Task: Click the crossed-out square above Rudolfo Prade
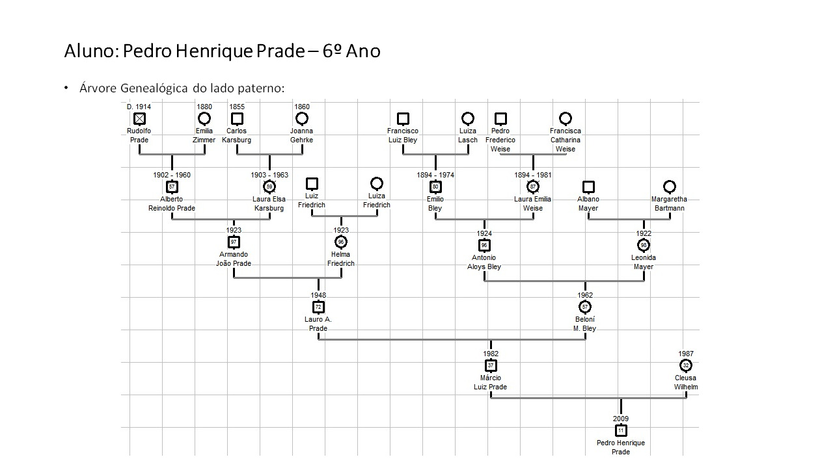[139, 118]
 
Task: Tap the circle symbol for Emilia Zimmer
[204, 118]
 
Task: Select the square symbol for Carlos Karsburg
[237, 118]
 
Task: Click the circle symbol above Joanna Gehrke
[302, 118]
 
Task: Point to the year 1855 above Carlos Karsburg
[237, 107]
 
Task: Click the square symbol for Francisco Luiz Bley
[403, 118]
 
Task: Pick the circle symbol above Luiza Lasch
[468, 118]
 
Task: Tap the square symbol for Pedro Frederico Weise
[500, 118]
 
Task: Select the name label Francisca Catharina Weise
[566, 140]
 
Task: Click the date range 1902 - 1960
[172, 175]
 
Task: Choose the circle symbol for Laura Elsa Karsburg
[269, 187]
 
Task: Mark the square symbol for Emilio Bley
[435, 187]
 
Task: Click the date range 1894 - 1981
[533, 175]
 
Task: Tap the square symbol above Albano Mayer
[588, 187]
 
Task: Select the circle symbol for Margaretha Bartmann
[670, 187]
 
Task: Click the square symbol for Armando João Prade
[234, 242]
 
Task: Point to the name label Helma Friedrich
[341, 259]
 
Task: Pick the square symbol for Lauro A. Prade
[318, 307]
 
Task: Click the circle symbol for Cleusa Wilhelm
[686, 365]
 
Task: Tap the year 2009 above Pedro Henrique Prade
[621, 419]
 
